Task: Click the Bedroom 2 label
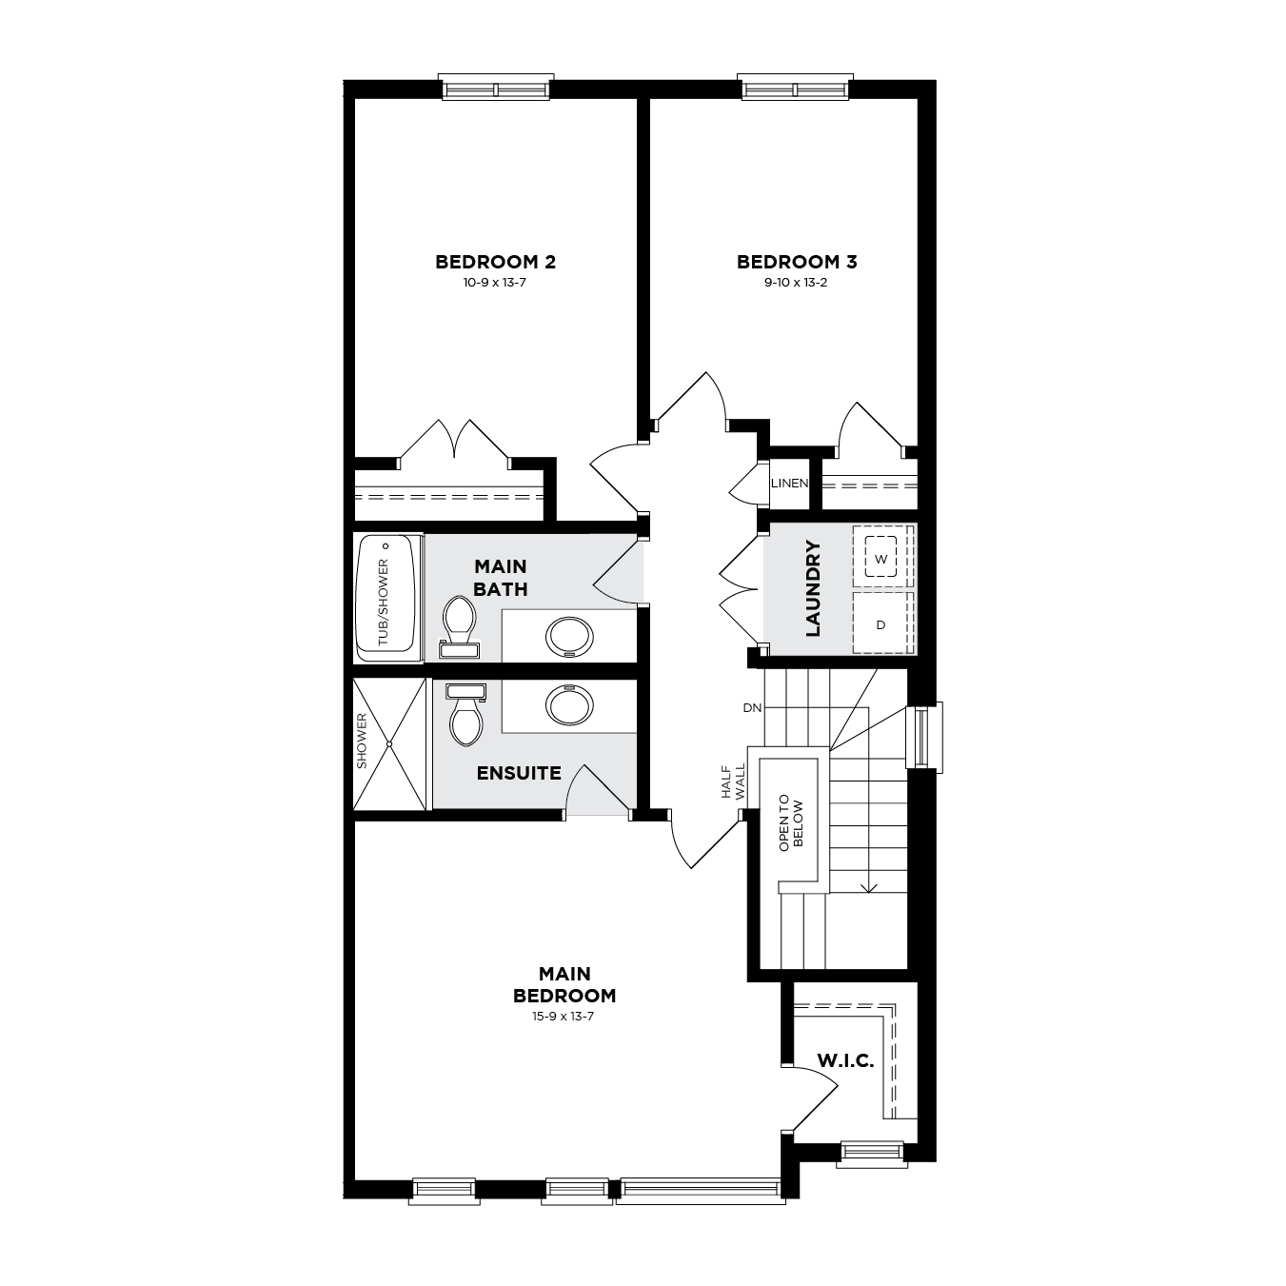tap(495, 262)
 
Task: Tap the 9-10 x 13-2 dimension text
tap(796, 283)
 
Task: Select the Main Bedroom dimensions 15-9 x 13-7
tap(564, 1017)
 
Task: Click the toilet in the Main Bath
tap(459, 627)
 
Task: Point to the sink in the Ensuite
tap(569, 704)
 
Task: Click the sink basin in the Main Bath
tap(569, 637)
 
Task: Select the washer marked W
tap(881, 557)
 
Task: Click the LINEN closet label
tap(789, 484)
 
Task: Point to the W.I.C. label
tap(845, 1061)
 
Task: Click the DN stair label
tap(752, 708)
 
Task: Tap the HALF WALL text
tap(733, 781)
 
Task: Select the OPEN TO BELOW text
tap(791, 822)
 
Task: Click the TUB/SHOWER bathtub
tap(386, 597)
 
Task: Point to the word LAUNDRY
tap(813, 588)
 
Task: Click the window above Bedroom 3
tap(796, 89)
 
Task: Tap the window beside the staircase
tap(924, 738)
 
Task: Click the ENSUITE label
tap(519, 774)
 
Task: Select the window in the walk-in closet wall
tap(872, 1154)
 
